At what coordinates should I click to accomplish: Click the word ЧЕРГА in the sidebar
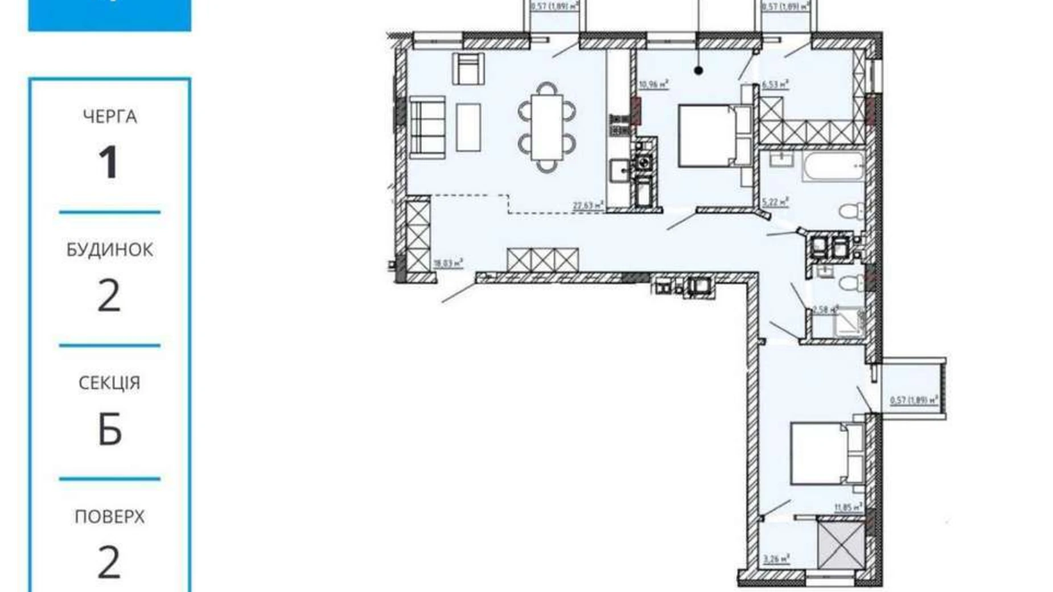[110, 117]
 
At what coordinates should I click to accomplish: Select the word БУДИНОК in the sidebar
[110, 249]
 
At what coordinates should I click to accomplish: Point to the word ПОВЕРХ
[110, 516]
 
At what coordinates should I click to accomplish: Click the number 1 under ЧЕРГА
[108, 163]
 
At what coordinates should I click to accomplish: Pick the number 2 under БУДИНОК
[109, 297]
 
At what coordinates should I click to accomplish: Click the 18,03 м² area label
[449, 264]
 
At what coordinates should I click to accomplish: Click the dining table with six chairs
[546, 127]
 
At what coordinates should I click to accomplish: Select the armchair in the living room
[468, 68]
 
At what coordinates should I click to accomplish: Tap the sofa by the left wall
[426, 126]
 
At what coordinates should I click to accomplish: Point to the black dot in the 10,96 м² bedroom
[698, 71]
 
